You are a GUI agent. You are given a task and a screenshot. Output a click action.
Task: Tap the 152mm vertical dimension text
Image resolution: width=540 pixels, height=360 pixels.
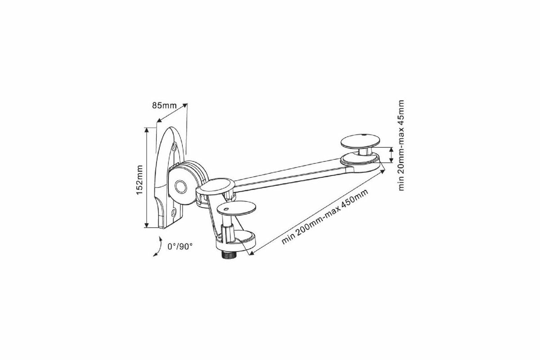(x=139, y=178)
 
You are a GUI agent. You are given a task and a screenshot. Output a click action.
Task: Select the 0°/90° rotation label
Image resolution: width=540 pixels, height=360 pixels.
(x=180, y=246)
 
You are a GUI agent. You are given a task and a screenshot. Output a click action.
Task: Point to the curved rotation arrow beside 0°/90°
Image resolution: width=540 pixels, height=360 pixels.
(x=157, y=247)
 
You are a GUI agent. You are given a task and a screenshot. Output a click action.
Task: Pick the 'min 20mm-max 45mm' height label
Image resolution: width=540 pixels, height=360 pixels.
(x=402, y=145)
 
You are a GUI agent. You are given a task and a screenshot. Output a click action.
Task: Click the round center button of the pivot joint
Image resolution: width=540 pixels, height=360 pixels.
(x=181, y=186)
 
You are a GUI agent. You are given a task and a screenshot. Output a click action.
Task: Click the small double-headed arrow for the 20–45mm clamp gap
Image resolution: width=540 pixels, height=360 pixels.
(x=391, y=155)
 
